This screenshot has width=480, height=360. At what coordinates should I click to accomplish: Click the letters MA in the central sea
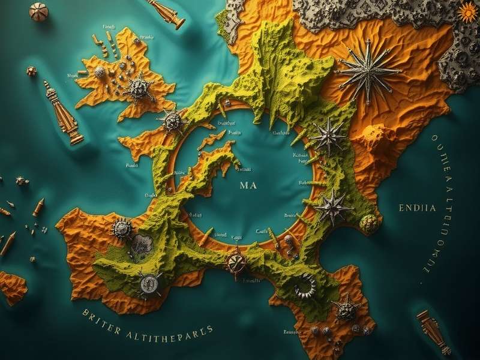pos(248,185)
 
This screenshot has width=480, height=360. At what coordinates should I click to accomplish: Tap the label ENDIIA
pos(417,208)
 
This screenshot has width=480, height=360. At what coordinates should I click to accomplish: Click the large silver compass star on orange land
pos(367,71)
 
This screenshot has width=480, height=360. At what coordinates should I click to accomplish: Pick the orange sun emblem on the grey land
pos(467,11)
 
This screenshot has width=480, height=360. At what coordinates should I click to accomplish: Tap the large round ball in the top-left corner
pos(39,12)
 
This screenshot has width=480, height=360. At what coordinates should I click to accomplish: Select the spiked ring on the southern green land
pos(305,286)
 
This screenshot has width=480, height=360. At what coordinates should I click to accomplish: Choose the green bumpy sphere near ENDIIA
pos(370,223)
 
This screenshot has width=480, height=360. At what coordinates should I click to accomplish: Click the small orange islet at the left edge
pos(11,287)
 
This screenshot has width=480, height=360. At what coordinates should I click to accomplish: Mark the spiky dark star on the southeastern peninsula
pos(346,310)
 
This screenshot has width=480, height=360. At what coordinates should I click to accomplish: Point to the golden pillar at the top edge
pos(166,13)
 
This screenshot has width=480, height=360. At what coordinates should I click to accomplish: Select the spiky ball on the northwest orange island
pos(139,88)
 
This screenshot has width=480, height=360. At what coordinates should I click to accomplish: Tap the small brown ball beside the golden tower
pos(31,71)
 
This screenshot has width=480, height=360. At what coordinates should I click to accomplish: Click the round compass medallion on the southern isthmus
pos(236,262)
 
